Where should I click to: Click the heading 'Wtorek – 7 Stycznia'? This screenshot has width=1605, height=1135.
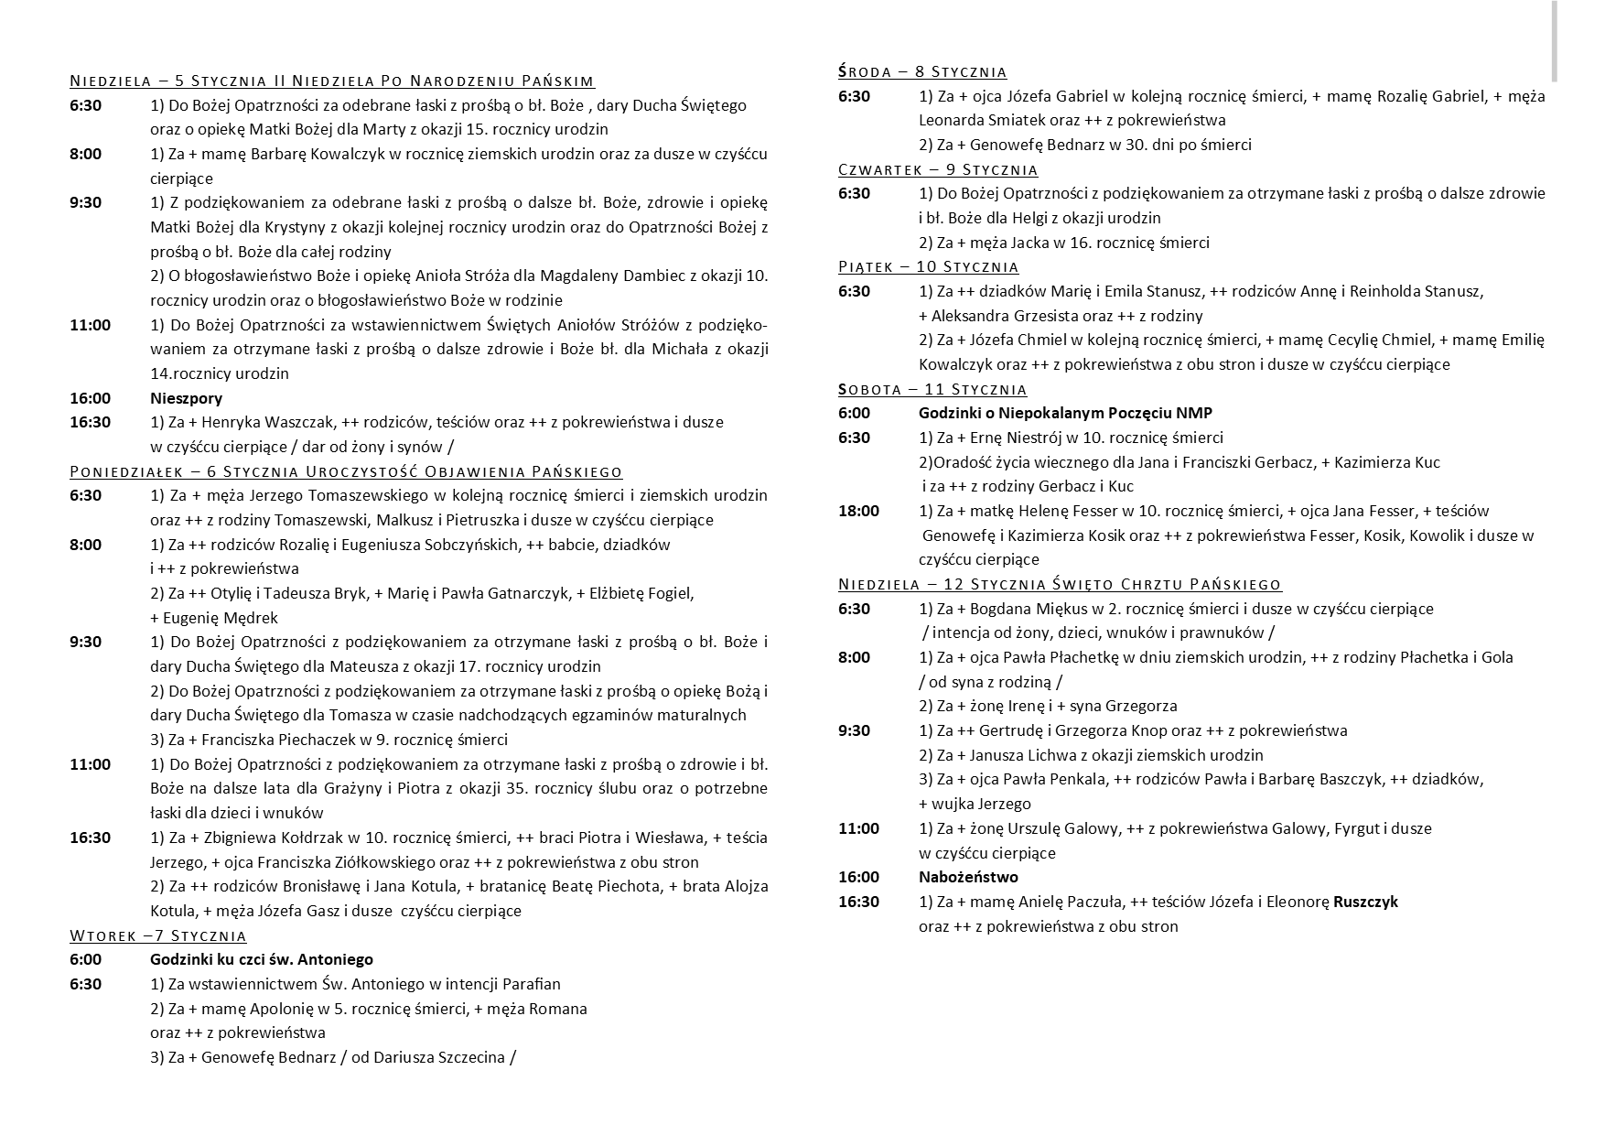(x=157, y=935)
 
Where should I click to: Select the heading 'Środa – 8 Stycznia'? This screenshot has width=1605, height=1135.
(x=922, y=71)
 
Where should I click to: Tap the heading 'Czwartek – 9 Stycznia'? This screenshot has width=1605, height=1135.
(x=938, y=169)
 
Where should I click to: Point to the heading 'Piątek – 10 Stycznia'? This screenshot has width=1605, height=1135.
(x=928, y=266)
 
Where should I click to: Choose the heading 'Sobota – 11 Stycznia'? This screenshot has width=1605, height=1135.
(x=932, y=389)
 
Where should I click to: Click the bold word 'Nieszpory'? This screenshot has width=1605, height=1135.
(x=186, y=398)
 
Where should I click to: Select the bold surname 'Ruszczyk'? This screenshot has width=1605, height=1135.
(x=1365, y=902)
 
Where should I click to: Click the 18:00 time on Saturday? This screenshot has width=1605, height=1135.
(x=858, y=511)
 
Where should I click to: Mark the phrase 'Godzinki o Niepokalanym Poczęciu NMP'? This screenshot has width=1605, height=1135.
(x=1065, y=413)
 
